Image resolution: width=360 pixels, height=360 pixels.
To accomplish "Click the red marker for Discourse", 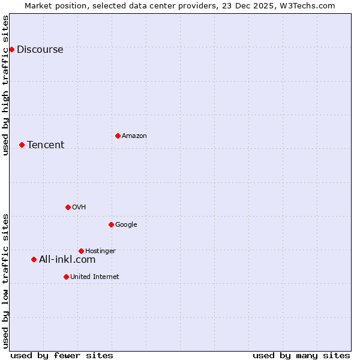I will click(11, 49).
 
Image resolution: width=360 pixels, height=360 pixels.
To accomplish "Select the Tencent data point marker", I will click(22, 145).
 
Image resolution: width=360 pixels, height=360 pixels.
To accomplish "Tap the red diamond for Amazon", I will click(118, 136).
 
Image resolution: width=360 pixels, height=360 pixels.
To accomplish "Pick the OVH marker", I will click(68, 207).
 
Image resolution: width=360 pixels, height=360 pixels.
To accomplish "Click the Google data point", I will click(111, 224).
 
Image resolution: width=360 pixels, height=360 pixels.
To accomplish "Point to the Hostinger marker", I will click(81, 251).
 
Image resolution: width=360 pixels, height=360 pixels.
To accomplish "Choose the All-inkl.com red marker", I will click(34, 259).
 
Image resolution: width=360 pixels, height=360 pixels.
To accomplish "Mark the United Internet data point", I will click(66, 277).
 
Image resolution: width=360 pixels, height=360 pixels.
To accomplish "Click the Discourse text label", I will click(40, 50).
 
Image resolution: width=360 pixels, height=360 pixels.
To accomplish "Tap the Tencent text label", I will click(46, 145).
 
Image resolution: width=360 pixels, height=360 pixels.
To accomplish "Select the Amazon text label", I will click(134, 136).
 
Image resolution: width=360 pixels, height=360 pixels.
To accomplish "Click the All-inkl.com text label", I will click(67, 260).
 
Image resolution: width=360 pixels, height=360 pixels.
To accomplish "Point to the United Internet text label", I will click(95, 277).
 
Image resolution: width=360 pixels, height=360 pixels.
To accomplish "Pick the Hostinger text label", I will click(100, 251).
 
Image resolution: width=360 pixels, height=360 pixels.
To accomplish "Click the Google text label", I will click(126, 225).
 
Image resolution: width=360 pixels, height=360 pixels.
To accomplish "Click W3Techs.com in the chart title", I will click(309, 5).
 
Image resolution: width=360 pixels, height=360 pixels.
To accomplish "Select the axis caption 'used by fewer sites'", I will click(62, 355).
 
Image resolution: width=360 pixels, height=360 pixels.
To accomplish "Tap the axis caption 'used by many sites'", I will click(301, 355).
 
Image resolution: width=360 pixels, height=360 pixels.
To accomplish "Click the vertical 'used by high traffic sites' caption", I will click(5, 85).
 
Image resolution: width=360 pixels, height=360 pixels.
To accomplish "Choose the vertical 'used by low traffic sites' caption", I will click(5, 281).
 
